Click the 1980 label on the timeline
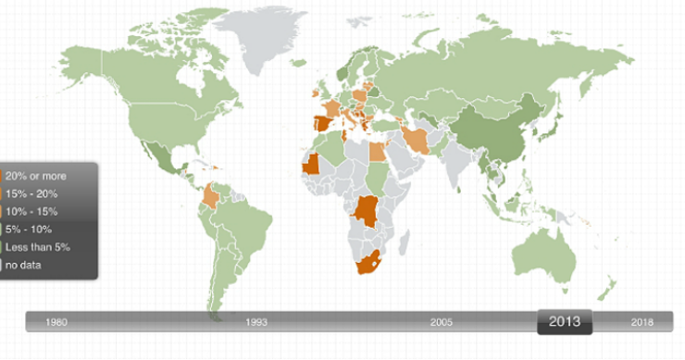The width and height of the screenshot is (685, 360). (56, 322)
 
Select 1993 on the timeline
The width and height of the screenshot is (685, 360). (256, 322)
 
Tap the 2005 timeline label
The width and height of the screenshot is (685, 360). (442, 322)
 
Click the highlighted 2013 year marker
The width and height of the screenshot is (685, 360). (565, 322)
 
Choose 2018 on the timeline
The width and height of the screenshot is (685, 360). (641, 322)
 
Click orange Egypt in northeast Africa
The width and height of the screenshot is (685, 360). (378, 151)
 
